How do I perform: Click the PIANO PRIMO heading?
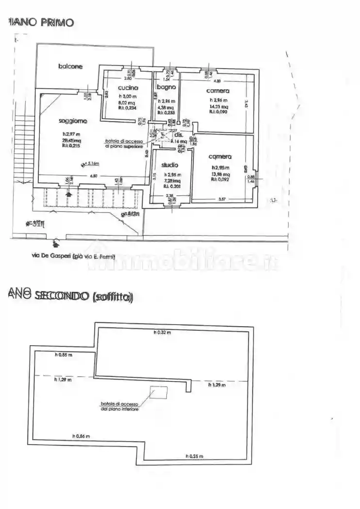pos(41,22)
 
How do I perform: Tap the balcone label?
pos(70,66)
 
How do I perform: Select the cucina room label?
pos(128,88)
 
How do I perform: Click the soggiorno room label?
pos(73,121)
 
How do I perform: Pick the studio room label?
pos(170,165)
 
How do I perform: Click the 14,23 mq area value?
pos(218,107)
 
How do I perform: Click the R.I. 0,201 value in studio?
pos(172,185)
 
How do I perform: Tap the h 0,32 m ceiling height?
pos(163,333)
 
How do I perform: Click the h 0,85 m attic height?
pos(63,355)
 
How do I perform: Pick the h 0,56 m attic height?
pos(81,436)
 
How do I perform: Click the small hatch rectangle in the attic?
pos(159,392)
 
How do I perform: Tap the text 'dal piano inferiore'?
pos(120,409)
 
